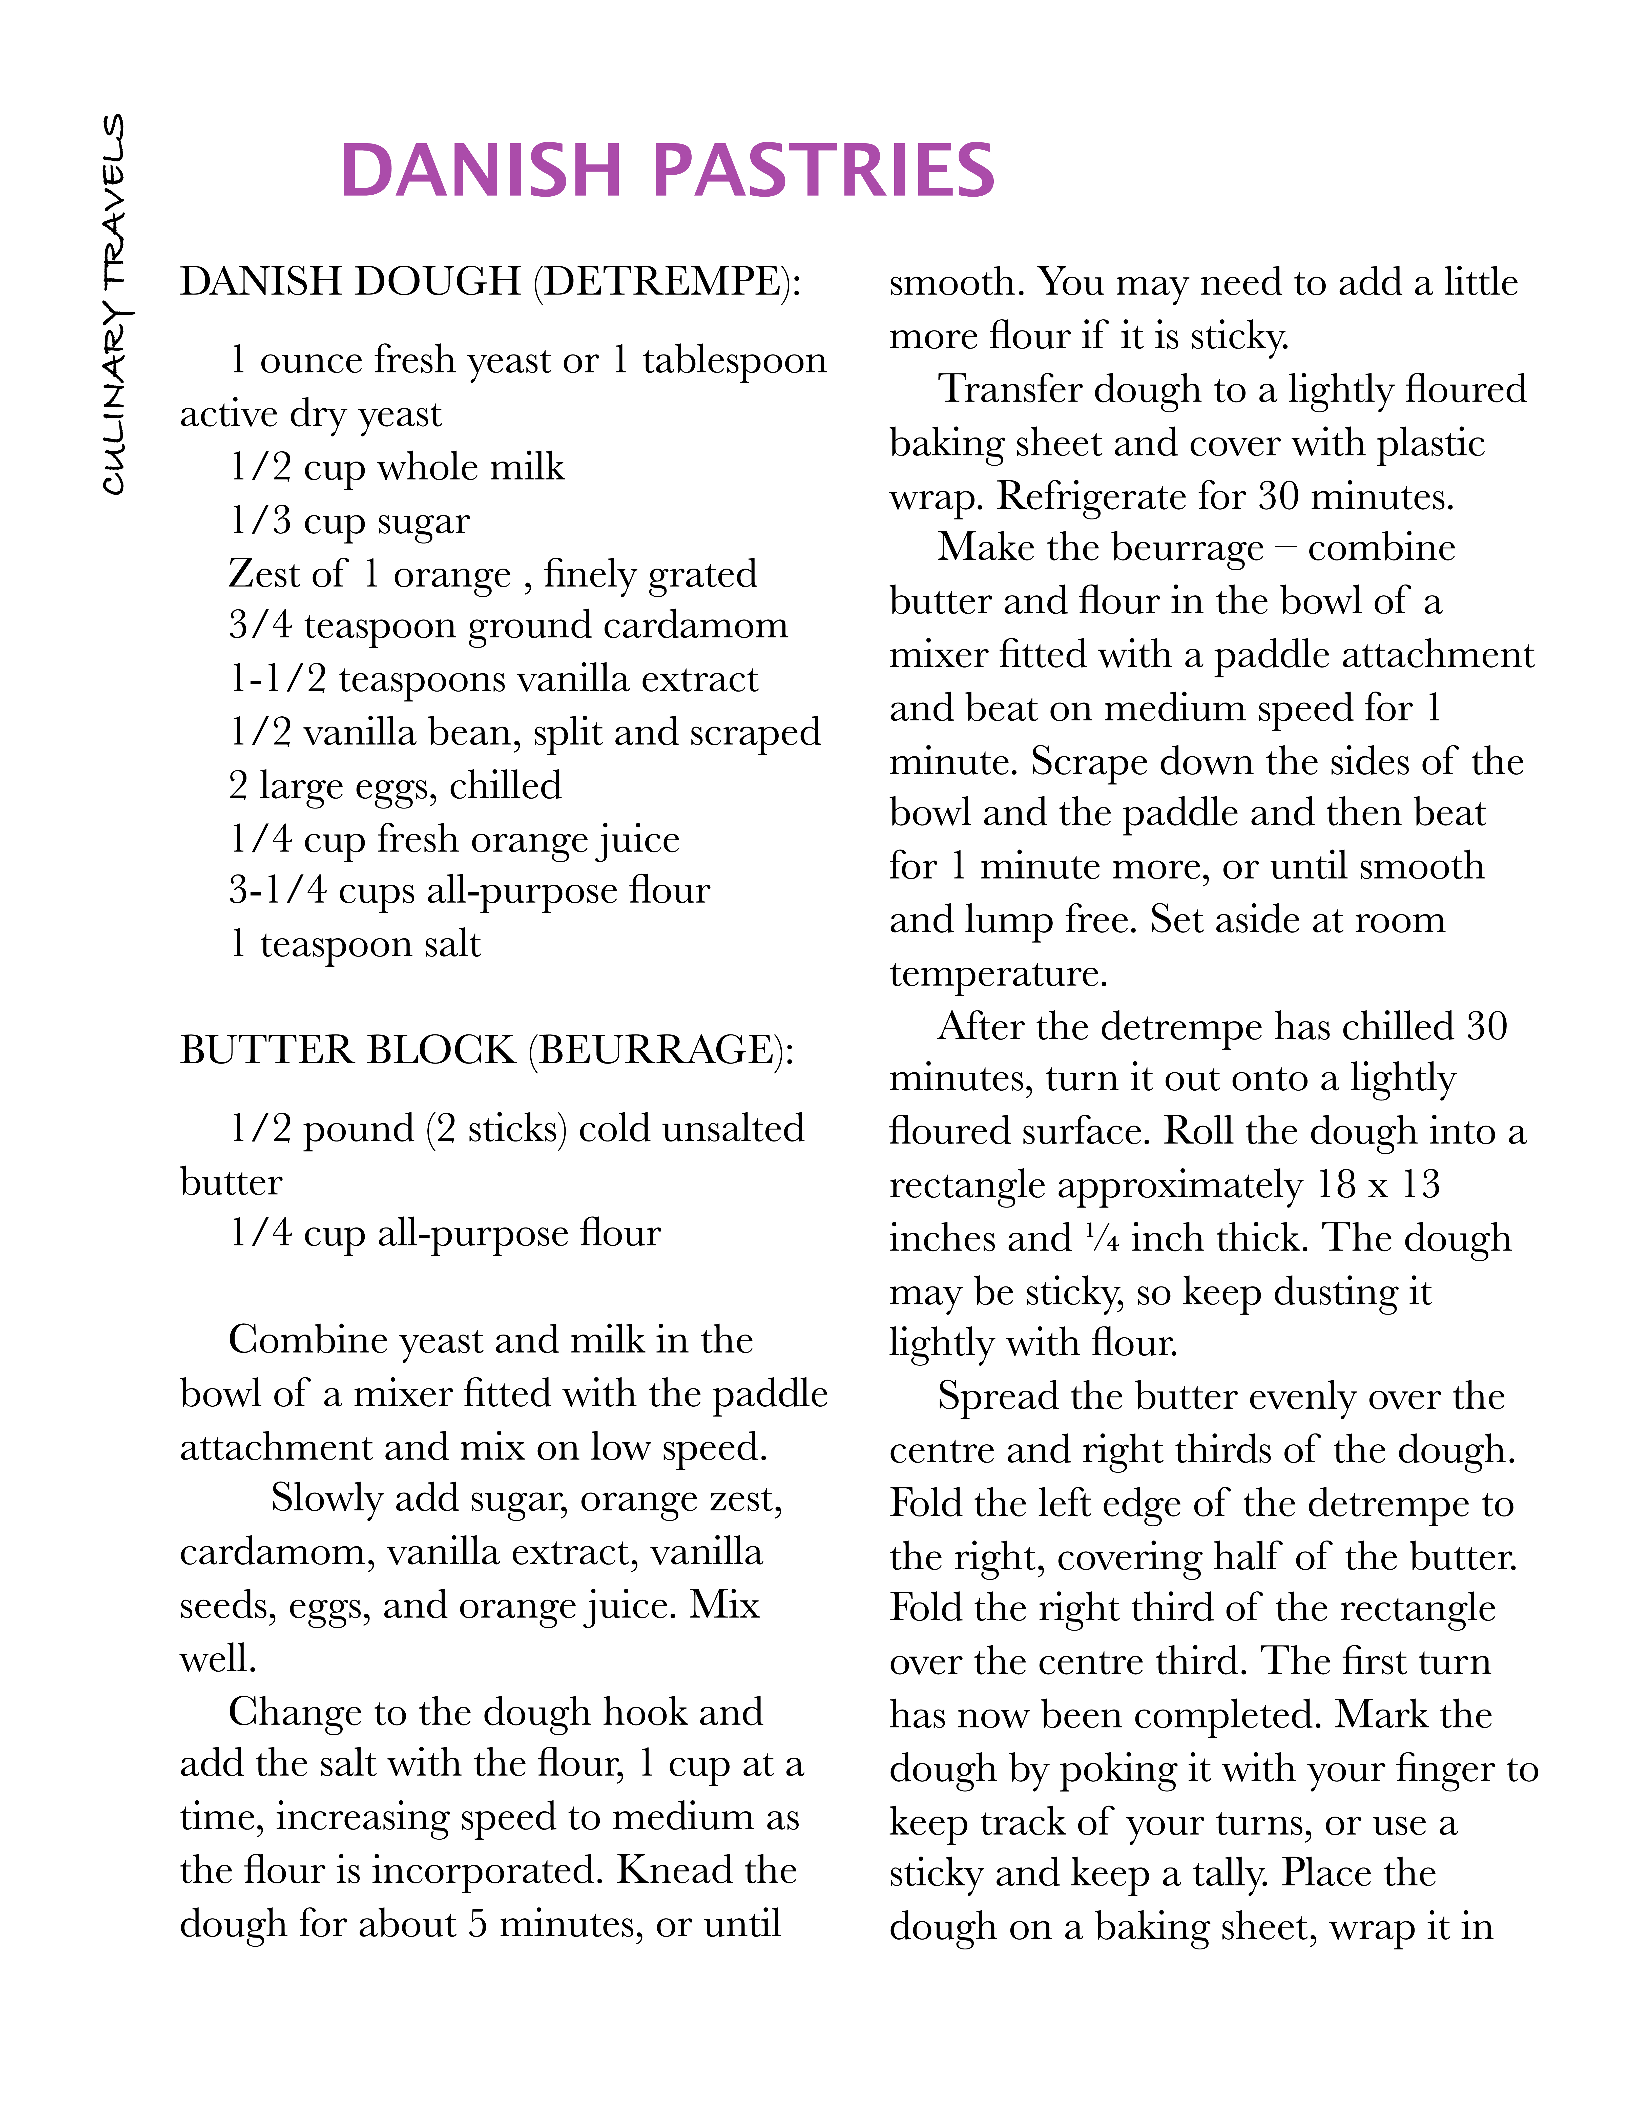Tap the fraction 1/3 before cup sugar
260,521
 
